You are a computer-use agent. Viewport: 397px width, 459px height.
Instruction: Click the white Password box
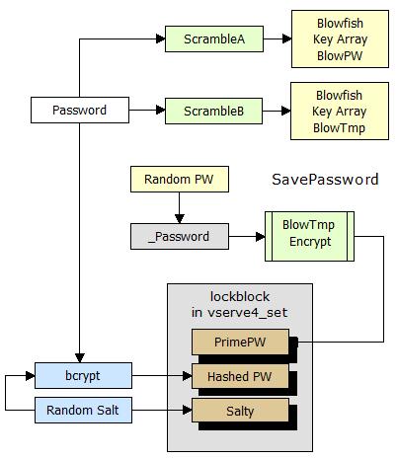[80, 110]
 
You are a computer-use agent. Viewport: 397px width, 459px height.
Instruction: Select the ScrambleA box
[214, 38]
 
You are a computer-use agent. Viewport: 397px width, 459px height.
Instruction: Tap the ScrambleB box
[213, 111]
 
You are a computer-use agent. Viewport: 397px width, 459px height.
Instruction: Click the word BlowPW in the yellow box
[340, 55]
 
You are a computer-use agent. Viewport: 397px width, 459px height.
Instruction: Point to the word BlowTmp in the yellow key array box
[339, 127]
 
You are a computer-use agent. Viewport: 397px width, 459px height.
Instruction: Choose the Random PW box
[180, 179]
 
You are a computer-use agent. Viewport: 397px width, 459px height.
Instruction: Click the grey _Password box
[180, 236]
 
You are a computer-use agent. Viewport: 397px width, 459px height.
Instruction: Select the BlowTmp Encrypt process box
[309, 236]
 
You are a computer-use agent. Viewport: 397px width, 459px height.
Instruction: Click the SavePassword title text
[325, 180]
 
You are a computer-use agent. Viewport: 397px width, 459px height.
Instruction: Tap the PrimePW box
[240, 342]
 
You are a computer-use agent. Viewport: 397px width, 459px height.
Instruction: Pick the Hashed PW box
[240, 376]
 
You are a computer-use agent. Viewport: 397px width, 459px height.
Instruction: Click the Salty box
[240, 411]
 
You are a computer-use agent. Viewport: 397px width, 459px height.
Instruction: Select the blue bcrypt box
[83, 375]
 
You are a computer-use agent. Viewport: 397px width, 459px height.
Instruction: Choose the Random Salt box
[83, 410]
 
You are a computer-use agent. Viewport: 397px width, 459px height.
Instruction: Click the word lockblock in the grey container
[240, 296]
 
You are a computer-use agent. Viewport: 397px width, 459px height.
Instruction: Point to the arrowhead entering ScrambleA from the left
[161, 38]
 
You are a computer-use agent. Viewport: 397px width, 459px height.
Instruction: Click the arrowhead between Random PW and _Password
[180, 219]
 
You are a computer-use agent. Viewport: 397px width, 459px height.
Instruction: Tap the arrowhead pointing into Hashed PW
[188, 376]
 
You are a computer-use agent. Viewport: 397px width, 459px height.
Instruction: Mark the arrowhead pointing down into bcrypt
[80, 358]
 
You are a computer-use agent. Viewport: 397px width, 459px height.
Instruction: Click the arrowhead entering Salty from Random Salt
[188, 410]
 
